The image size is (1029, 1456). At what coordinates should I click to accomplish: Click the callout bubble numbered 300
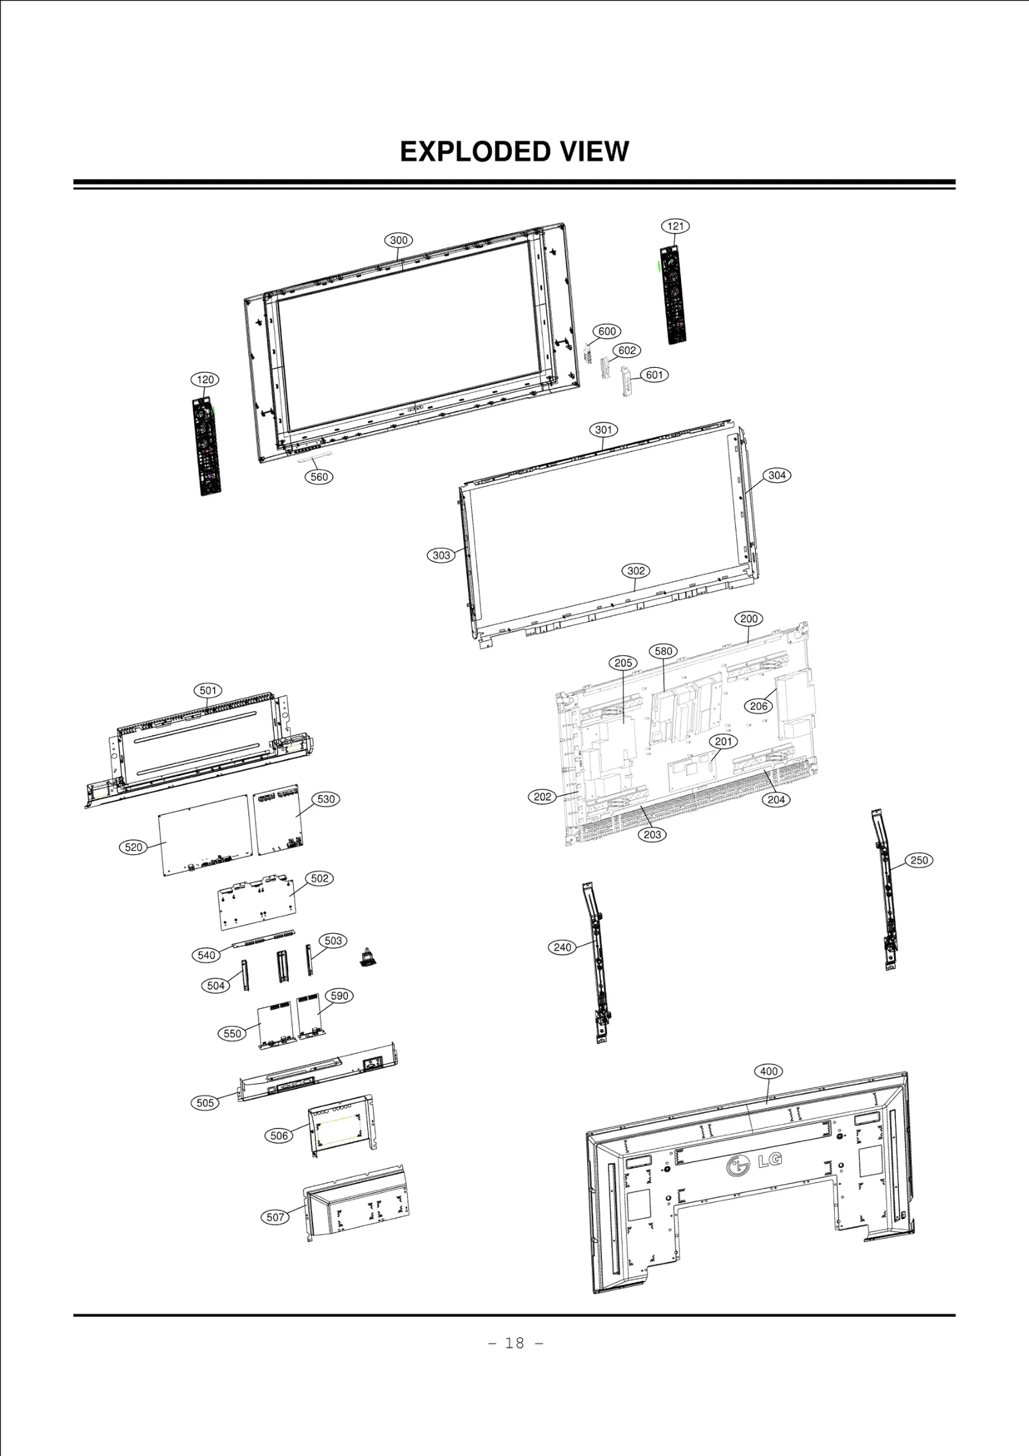click(x=399, y=241)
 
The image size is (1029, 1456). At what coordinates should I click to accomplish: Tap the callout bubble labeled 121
click(x=675, y=226)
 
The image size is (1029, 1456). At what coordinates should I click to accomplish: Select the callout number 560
click(x=319, y=477)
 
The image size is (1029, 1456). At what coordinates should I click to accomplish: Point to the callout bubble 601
click(x=654, y=375)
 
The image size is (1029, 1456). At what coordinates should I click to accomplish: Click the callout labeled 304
click(x=777, y=475)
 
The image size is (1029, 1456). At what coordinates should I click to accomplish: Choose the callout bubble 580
click(x=663, y=651)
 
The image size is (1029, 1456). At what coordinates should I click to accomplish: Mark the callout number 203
click(x=652, y=834)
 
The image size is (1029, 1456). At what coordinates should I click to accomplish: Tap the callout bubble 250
click(x=919, y=860)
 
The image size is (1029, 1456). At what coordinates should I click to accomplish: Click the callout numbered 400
click(x=769, y=1071)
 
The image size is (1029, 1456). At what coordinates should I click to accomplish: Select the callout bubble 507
click(x=275, y=1217)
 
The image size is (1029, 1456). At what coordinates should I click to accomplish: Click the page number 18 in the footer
click(x=515, y=1343)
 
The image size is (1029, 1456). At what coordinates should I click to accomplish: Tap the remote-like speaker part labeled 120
click(x=207, y=446)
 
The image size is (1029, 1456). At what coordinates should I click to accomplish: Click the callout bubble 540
click(x=206, y=955)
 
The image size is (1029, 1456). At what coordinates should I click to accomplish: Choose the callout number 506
click(x=278, y=1136)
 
